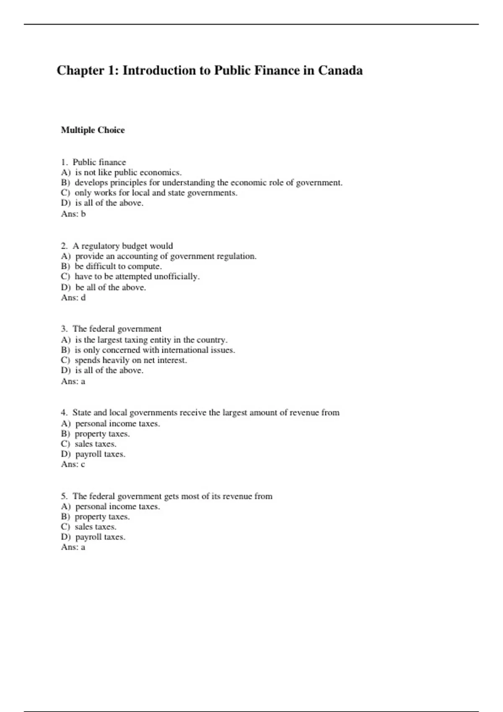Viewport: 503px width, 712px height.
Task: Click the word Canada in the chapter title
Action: (340, 70)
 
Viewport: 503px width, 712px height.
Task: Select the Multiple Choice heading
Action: (93, 130)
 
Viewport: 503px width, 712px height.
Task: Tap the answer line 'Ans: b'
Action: (73, 214)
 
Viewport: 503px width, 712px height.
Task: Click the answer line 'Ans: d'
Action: (73, 297)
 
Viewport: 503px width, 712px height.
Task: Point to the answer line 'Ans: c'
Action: (73, 464)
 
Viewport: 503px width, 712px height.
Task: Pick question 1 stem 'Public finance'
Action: (99, 162)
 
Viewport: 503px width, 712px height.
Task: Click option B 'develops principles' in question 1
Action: (208, 183)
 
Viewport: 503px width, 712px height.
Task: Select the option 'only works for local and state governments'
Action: (156, 193)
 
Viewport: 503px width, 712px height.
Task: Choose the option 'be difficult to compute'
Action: (118, 266)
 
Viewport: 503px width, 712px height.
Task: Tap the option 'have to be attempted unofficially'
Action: (137, 276)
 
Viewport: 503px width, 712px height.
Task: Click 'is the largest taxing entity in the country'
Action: (151, 340)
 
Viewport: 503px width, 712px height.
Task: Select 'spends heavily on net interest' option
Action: (130, 360)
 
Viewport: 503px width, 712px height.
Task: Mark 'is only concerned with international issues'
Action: (155, 350)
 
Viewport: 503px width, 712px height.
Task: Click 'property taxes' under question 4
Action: (102, 434)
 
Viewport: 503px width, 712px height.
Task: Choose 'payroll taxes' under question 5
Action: (100, 537)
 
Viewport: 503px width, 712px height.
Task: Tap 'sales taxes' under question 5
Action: (95, 527)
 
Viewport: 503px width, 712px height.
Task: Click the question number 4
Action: (64, 413)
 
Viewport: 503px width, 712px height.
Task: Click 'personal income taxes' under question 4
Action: (117, 423)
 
